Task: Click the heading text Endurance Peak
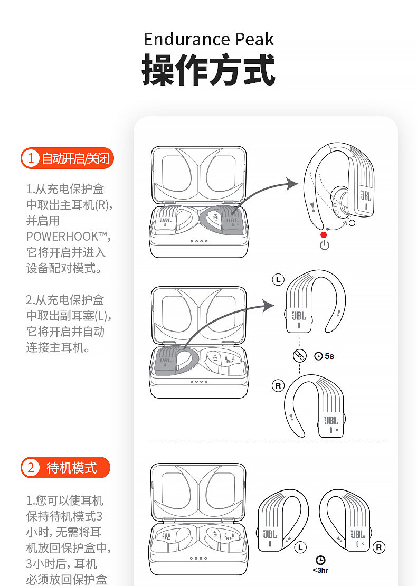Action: [x=209, y=40]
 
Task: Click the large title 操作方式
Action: [x=209, y=70]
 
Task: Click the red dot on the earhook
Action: [x=324, y=235]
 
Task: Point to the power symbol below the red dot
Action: [x=324, y=245]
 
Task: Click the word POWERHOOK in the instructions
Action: [x=62, y=236]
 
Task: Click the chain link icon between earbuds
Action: [x=299, y=356]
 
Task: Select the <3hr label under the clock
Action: [x=320, y=570]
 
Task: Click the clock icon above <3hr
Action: [x=320, y=560]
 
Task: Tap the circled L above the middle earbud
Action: [x=278, y=280]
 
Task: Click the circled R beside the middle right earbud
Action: [x=278, y=386]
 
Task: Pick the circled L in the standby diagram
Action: [x=300, y=547]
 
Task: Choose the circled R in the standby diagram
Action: [x=378, y=547]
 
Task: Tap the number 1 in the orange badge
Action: [x=31, y=158]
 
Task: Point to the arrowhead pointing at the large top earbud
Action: [x=292, y=184]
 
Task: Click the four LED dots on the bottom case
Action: [x=198, y=557]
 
